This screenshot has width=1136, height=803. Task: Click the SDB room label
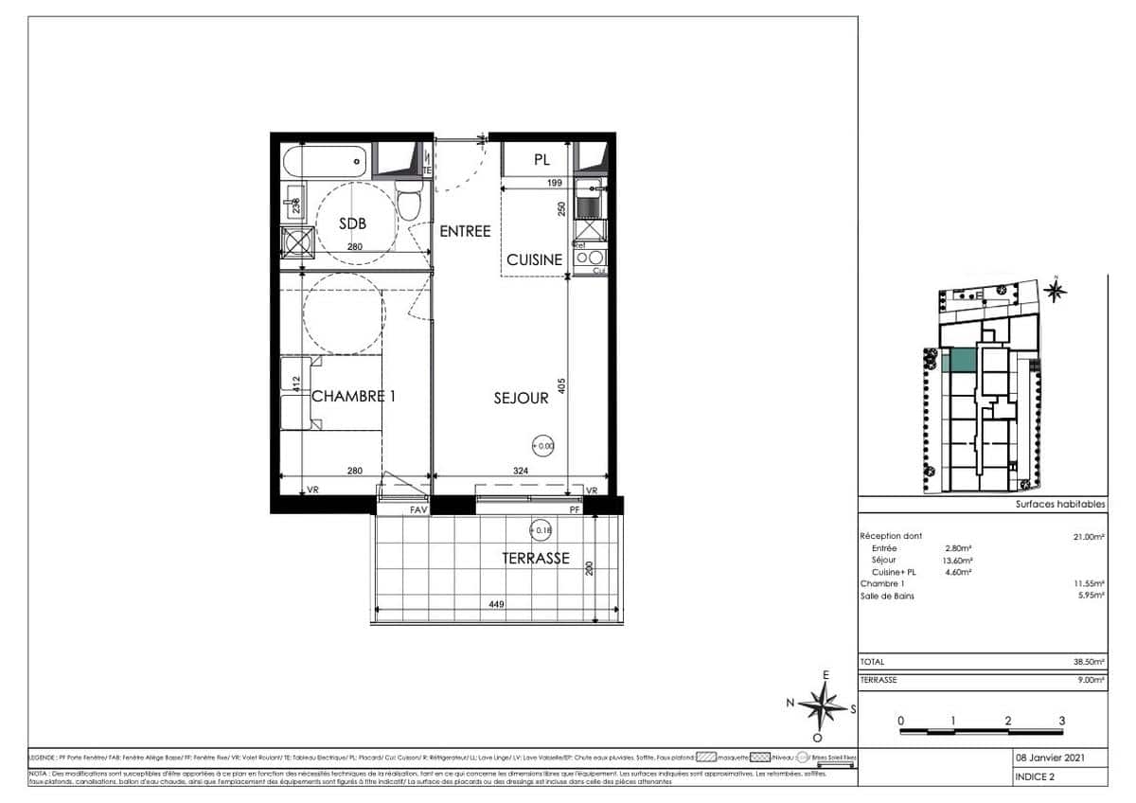[352, 223]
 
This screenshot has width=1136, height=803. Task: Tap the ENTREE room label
[465, 231]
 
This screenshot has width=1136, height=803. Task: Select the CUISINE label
[534, 259]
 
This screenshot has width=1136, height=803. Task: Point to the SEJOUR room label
[521, 399]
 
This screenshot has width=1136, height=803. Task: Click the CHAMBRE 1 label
[353, 396]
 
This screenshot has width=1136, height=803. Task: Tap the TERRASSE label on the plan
[536, 558]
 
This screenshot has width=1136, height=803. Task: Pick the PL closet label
[541, 160]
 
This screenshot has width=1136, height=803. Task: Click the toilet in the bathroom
[409, 202]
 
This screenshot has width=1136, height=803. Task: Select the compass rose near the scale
[822, 704]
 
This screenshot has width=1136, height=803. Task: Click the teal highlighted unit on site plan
[960, 361]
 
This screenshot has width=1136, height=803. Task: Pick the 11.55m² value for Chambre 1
[1091, 583]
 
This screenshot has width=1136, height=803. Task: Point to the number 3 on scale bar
[1062, 721]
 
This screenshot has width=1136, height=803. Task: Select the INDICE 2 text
[1035, 777]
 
